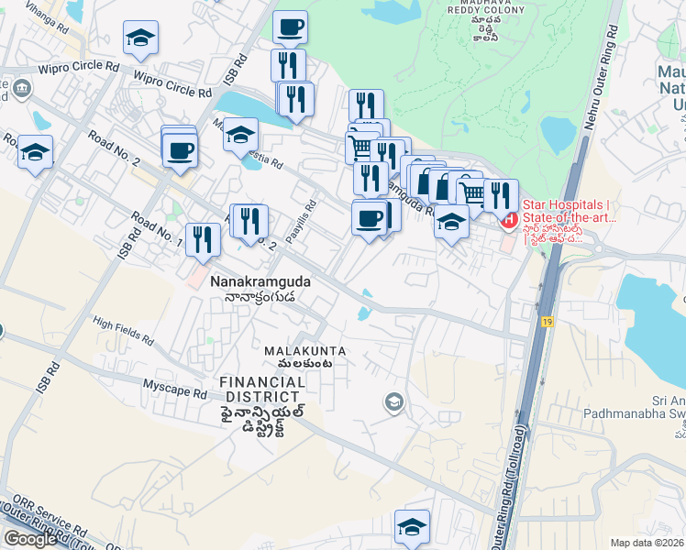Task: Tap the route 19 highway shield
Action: point(548,322)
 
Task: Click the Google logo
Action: point(30,539)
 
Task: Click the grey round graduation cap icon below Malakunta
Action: point(393,401)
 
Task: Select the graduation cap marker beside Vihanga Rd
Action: point(141,38)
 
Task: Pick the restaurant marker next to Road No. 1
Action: point(203,240)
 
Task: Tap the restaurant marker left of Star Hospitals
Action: point(501,195)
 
